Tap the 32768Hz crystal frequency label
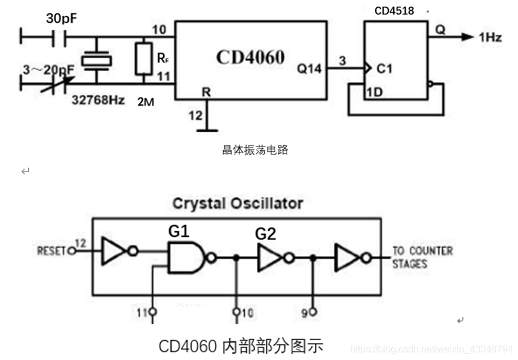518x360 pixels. (x=98, y=100)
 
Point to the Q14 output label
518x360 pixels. (x=309, y=69)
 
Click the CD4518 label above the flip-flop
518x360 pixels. (x=394, y=11)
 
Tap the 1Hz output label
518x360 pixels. (x=490, y=37)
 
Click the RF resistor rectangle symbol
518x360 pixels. (x=143, y=59)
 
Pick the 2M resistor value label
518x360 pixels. (x=145, y=102)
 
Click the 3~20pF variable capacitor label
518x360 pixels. (x=48, y=70)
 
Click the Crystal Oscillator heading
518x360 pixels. (x=237, y=203)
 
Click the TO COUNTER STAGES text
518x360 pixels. (x=422, y=257)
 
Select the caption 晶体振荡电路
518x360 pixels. (x=255, y=150)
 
